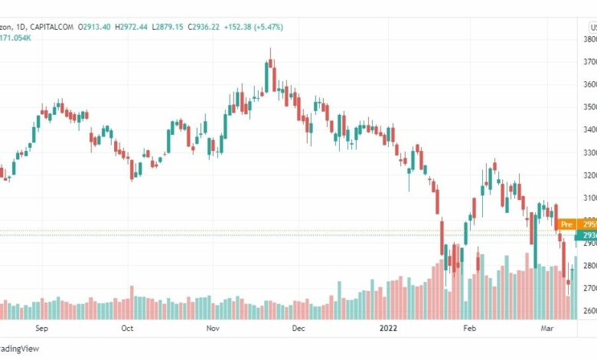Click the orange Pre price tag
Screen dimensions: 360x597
point(567,224)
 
